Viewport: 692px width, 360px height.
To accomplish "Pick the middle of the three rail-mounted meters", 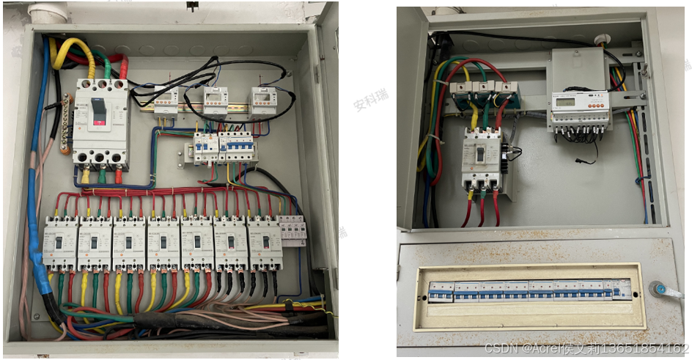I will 215,99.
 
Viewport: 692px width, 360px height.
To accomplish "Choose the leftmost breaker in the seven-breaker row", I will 59,243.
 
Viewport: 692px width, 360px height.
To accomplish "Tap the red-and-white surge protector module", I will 294,231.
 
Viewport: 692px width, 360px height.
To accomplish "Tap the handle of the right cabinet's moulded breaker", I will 480,155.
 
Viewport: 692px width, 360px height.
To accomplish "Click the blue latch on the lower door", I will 656,289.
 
